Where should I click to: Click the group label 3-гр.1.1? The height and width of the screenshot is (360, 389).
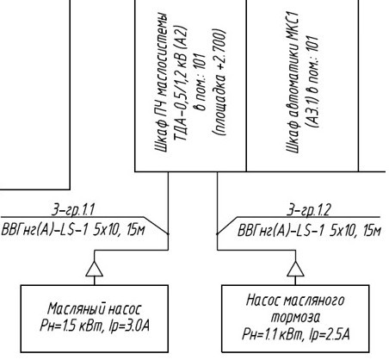(x=73, y=210)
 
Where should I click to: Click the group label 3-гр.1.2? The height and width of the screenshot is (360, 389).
(x=309, y=210)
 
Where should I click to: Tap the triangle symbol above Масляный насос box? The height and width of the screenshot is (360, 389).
(x=95, y=269)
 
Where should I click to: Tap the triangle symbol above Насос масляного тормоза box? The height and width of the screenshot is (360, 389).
(x=295, y=269)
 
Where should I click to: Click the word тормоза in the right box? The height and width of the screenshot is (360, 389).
(x=295, y=318)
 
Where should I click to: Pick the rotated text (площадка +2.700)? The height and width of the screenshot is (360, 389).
(x=220, y=82)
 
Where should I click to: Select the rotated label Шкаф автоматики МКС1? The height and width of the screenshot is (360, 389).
(x=293, y=82)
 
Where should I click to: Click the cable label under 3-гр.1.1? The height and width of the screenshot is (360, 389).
(x=73, y=230)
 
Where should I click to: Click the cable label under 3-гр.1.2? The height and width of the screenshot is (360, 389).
(x=309, y=230)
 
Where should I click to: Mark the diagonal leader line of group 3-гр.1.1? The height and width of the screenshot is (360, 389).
(x=156, y=226)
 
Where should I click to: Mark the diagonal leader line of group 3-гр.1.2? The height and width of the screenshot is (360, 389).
(x=227, y=226)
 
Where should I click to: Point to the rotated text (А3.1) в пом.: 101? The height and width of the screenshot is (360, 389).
(x=312, y=82)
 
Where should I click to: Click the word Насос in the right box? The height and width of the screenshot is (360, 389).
(x=262, y=301)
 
